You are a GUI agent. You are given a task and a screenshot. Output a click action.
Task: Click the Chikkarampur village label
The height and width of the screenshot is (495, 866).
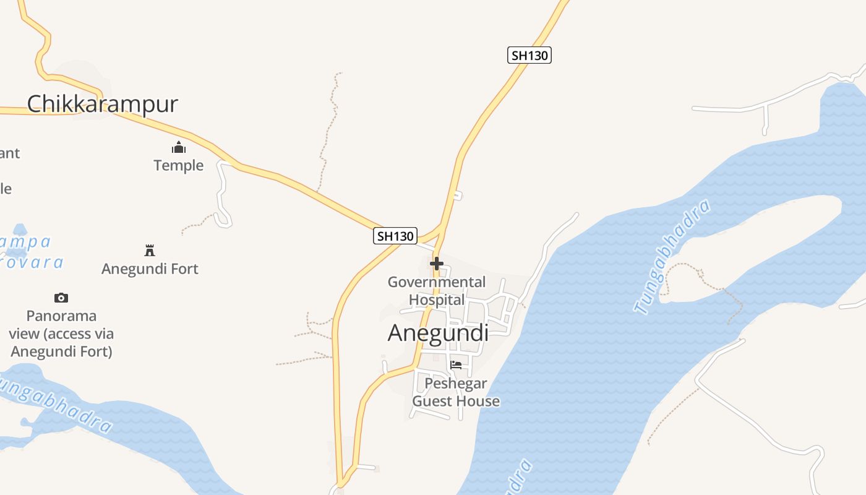(103, 103)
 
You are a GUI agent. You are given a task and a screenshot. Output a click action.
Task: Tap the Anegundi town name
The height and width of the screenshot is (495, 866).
(438, 333)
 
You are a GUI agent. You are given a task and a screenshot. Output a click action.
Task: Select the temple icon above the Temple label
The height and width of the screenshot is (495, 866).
(179, 147)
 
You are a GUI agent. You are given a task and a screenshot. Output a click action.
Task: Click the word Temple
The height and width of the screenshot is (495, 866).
(179, 165)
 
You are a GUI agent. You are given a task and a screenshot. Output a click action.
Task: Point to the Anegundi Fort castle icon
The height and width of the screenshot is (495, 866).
(149, 250)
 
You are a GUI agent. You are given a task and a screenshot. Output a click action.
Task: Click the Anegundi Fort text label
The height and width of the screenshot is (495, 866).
(150, 269)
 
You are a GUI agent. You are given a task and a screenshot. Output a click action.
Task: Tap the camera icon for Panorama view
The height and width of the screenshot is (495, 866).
(61, 298)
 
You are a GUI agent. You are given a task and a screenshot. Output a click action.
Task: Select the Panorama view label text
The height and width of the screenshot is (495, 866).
(61, 334)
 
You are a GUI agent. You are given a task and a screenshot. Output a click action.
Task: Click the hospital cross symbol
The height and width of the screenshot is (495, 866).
(437, 264)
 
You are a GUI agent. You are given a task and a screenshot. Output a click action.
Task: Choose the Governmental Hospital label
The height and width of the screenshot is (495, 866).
(437, 291)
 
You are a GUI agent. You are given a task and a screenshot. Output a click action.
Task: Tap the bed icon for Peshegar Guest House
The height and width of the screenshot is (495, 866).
(456, 364)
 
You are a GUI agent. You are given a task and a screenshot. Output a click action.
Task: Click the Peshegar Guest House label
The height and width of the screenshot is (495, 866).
(456, 392)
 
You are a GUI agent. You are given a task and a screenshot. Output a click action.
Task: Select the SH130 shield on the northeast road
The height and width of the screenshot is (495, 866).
(529, 55)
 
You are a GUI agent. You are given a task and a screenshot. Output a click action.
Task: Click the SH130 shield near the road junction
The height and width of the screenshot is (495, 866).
(396, 236)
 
